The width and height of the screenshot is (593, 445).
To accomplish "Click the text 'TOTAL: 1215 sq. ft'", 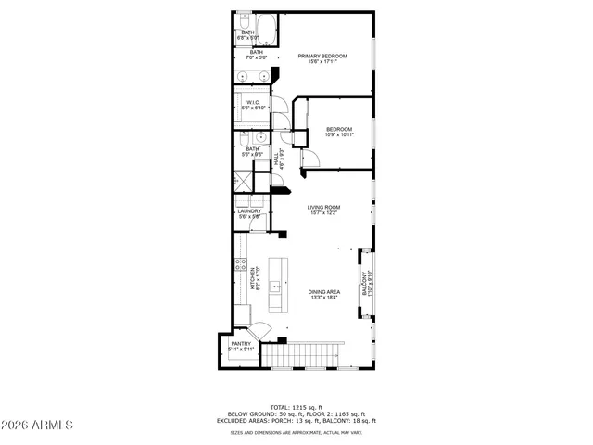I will (296, 407).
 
